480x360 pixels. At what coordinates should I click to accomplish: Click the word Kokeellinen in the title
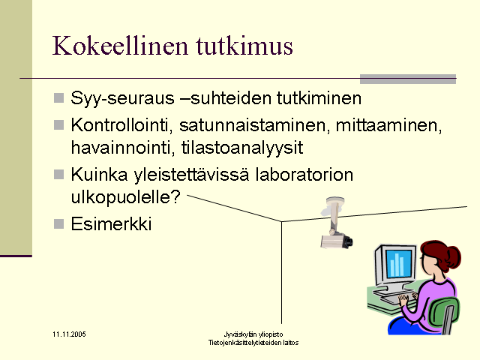pos(120,46)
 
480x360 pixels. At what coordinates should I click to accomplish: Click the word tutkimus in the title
pos(244,46)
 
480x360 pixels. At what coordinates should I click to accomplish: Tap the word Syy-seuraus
pos(122,98)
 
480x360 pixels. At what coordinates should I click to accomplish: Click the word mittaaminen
pos(389,125)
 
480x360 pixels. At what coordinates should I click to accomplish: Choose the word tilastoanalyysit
pos(242,148)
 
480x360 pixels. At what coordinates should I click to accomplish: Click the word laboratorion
pos(304,175)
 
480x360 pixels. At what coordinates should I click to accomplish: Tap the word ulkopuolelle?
pos(126,197)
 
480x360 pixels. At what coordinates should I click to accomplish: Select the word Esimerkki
pos(111,223)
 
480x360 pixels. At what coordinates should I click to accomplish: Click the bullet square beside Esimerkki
pos(58,223)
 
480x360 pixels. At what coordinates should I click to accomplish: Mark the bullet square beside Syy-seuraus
pos(58,98)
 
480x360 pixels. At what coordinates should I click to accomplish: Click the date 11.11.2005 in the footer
pos(69,334)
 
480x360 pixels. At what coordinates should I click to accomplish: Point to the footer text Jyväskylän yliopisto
pos(253,334)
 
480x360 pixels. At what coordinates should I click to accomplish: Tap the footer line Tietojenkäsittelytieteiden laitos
pos(253,343)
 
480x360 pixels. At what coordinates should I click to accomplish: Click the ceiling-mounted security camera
pos(336,223)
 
